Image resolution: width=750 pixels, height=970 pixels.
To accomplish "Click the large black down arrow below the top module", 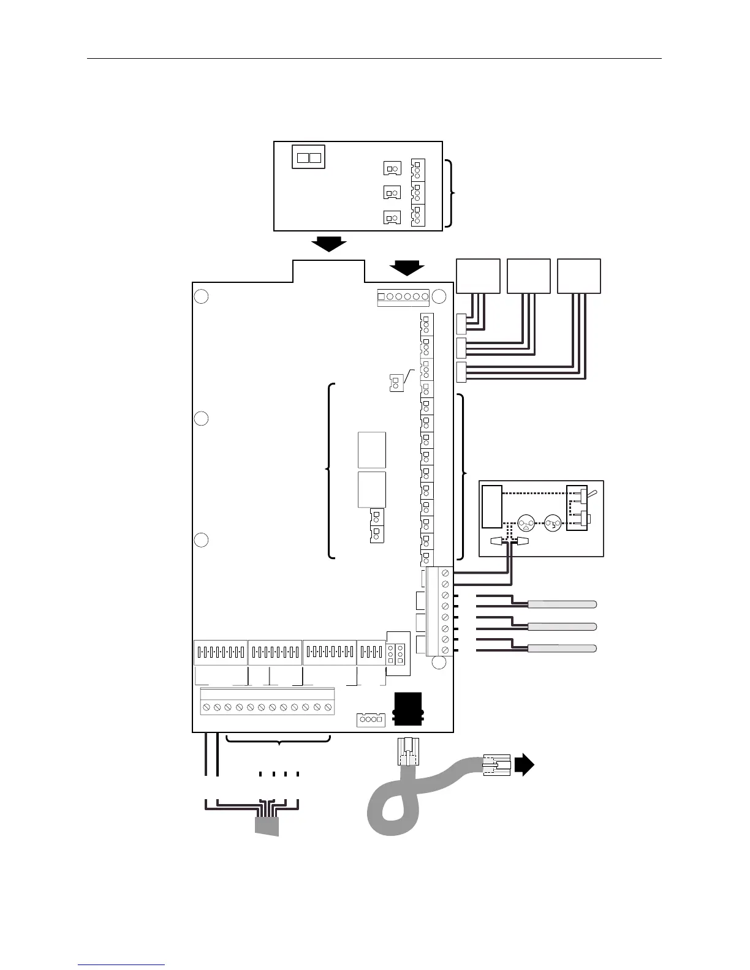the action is click(328, 244).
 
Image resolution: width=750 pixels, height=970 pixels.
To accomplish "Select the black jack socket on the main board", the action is click(408, 709).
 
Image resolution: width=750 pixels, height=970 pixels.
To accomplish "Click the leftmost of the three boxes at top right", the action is click(478, 276).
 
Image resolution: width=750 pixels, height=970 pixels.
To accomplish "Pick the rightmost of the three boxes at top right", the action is click(578, 276).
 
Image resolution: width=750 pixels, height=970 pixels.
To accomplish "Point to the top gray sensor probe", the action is click(562, 604).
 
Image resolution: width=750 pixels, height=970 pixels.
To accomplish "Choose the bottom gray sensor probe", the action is click(562, 648).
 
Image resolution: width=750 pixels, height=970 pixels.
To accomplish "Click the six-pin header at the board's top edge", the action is click(403, 297).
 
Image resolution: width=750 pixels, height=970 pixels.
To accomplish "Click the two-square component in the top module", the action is click(308, 157).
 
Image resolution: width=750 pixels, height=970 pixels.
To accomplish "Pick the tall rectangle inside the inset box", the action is click(491, 506).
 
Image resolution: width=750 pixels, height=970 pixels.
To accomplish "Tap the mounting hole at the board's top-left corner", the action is click(201, 296).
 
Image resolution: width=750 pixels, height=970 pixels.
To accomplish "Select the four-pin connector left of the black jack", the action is click(370, 720).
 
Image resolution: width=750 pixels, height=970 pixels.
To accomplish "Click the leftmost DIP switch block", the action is click(221, 652).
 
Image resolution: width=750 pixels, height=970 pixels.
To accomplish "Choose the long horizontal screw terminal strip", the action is click(267, 707).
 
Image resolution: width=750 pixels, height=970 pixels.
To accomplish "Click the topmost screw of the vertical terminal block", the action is click(445, 574).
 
